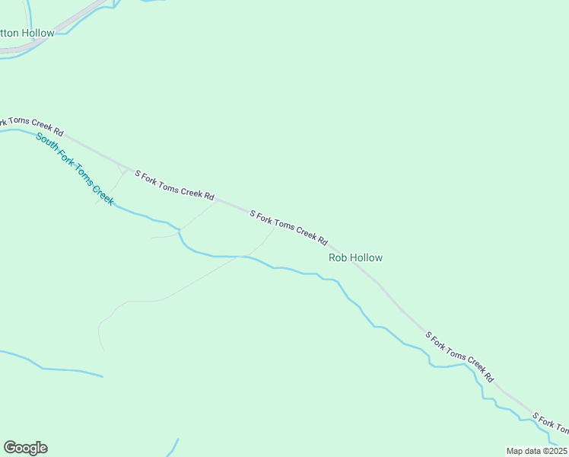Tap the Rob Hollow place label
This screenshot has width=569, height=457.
[355, 257]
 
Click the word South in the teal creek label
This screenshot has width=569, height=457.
[46, 142]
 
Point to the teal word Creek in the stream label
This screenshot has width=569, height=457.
[103, 193]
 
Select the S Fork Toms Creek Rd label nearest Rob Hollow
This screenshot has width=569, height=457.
[289, 228]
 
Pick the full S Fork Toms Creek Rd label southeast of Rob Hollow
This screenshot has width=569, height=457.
[459, 356]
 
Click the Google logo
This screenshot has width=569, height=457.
[25, 448]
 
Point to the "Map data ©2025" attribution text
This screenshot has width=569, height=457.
[536, 451]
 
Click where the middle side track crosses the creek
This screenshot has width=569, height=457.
[179, 229]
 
